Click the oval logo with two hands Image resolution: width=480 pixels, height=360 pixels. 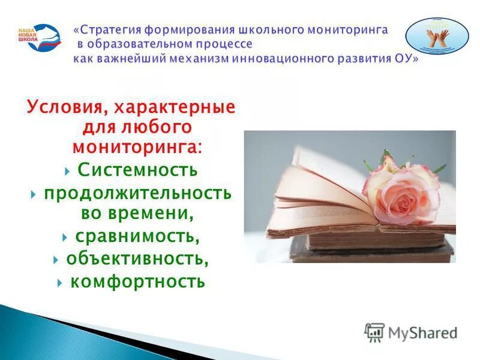click(x=437, y=37)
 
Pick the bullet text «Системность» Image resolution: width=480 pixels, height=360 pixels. click(x=137, y=170)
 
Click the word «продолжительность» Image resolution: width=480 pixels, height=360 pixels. click(x=137, y=193)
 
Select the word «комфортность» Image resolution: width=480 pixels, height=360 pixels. click(x=137, y=281)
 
